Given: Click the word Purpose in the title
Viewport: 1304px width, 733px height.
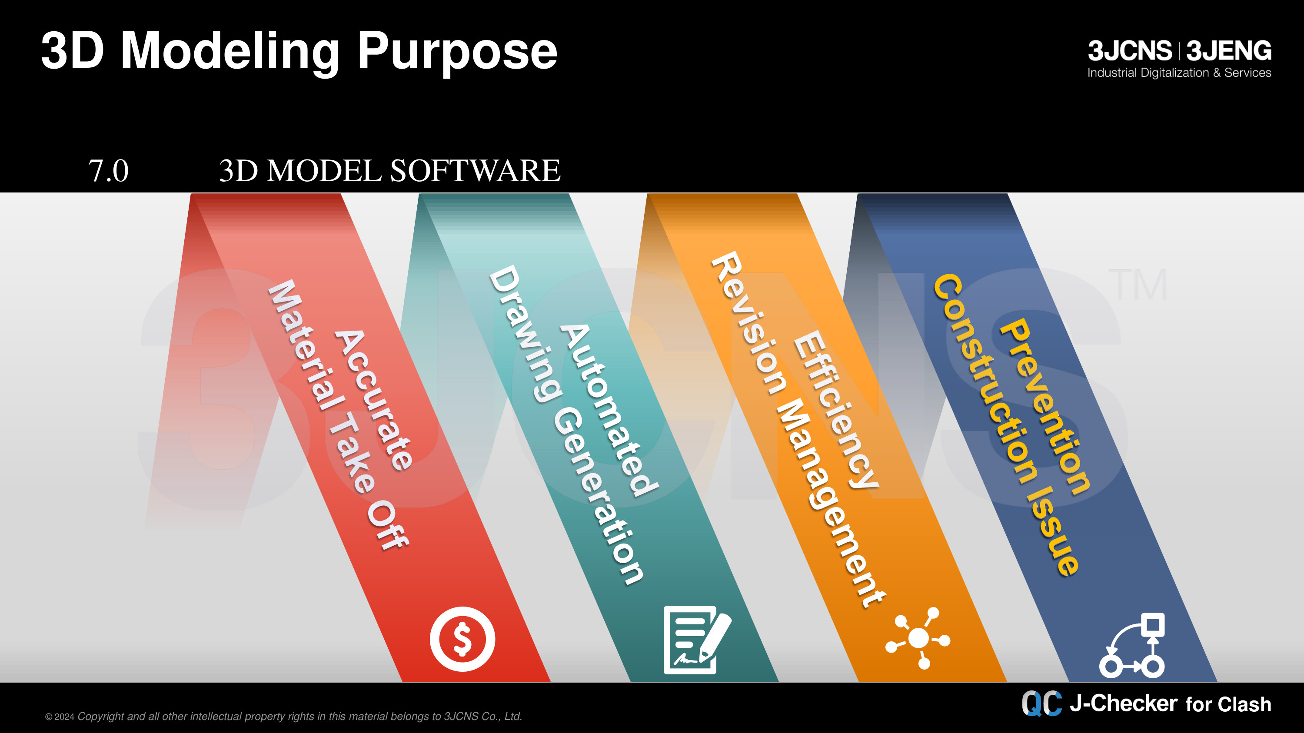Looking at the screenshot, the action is pyautogui.click(x=458, y=53).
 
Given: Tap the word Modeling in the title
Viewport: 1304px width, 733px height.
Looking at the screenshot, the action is pyautogui.click(x=230, y=53).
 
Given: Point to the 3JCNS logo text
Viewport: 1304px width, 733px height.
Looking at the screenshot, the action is pyautogui.click(x=1130, y=50).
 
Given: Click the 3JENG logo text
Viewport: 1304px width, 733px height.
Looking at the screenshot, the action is pyautogui.click(x=1229, y=50).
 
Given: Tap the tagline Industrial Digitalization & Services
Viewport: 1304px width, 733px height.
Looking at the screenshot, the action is pyautogui.click(x=1180, y=73).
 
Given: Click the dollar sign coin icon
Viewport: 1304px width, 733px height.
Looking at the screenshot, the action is pyautogui.click(x=462, y=639).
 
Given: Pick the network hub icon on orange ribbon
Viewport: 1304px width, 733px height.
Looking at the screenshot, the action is pyautogui.click(x=918, y=638).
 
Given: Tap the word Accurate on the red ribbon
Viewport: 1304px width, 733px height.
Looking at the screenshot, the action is pyautogui.click(x=374, y=400).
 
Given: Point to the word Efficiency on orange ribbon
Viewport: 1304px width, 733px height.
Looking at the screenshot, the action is pyautogui.click(x=835, y=409).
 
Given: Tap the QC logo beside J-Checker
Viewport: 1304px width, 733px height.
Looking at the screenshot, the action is pyautogui.click(x=1042, y=703).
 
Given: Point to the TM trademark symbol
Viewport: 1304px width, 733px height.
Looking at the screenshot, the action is pyautogui.click(x=1138, y=284).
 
